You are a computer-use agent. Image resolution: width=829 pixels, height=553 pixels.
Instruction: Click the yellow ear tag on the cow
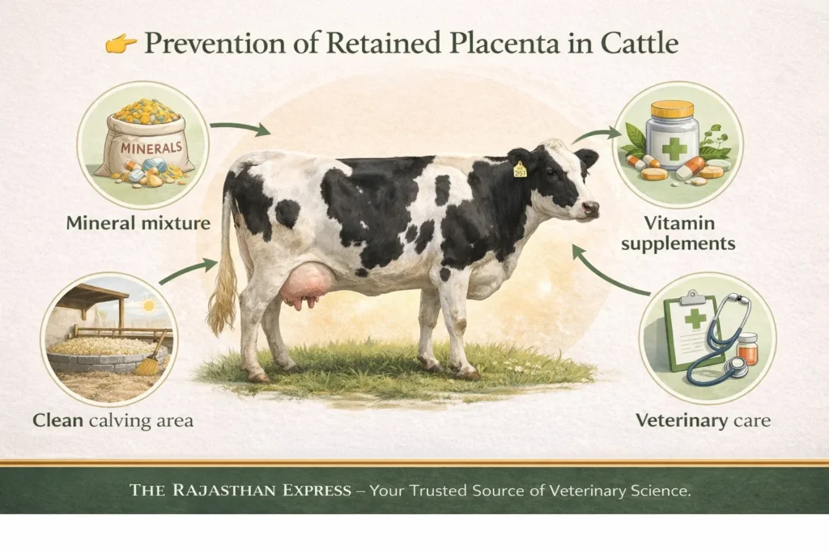pyautogui.click(x=519, y=169)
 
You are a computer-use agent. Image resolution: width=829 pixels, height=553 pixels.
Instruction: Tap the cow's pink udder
pyautogui.click(x=306, y=285)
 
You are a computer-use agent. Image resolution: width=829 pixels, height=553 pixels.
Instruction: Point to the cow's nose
pyautogui.click(x=593, y=208)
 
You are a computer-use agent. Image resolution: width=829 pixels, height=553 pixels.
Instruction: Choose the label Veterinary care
pyautogui.click(x=703, y=420)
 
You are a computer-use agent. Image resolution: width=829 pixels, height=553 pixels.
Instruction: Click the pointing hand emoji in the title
pyautogui.click(x=119, y=45)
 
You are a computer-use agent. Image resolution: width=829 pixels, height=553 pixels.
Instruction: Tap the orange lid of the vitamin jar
pyautogui.click(x=672, y=109)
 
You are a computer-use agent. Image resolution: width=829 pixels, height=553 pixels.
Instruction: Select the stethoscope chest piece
pyautogui.click(x=734, y=366)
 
